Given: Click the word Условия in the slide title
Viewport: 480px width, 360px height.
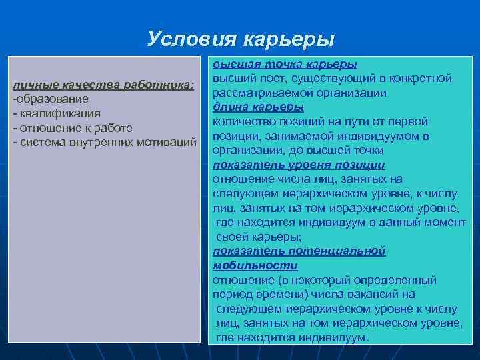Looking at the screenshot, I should tap(187, 38).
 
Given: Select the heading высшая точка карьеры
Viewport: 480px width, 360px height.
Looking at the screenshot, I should tap(285, 64).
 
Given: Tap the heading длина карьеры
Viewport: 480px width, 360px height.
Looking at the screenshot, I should tap(258, 107).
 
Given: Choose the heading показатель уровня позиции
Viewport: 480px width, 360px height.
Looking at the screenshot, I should tap(299, 165).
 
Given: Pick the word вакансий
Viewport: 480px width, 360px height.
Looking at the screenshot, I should tap(375, 294).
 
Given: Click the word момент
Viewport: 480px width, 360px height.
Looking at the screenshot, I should tap(445, 222).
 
